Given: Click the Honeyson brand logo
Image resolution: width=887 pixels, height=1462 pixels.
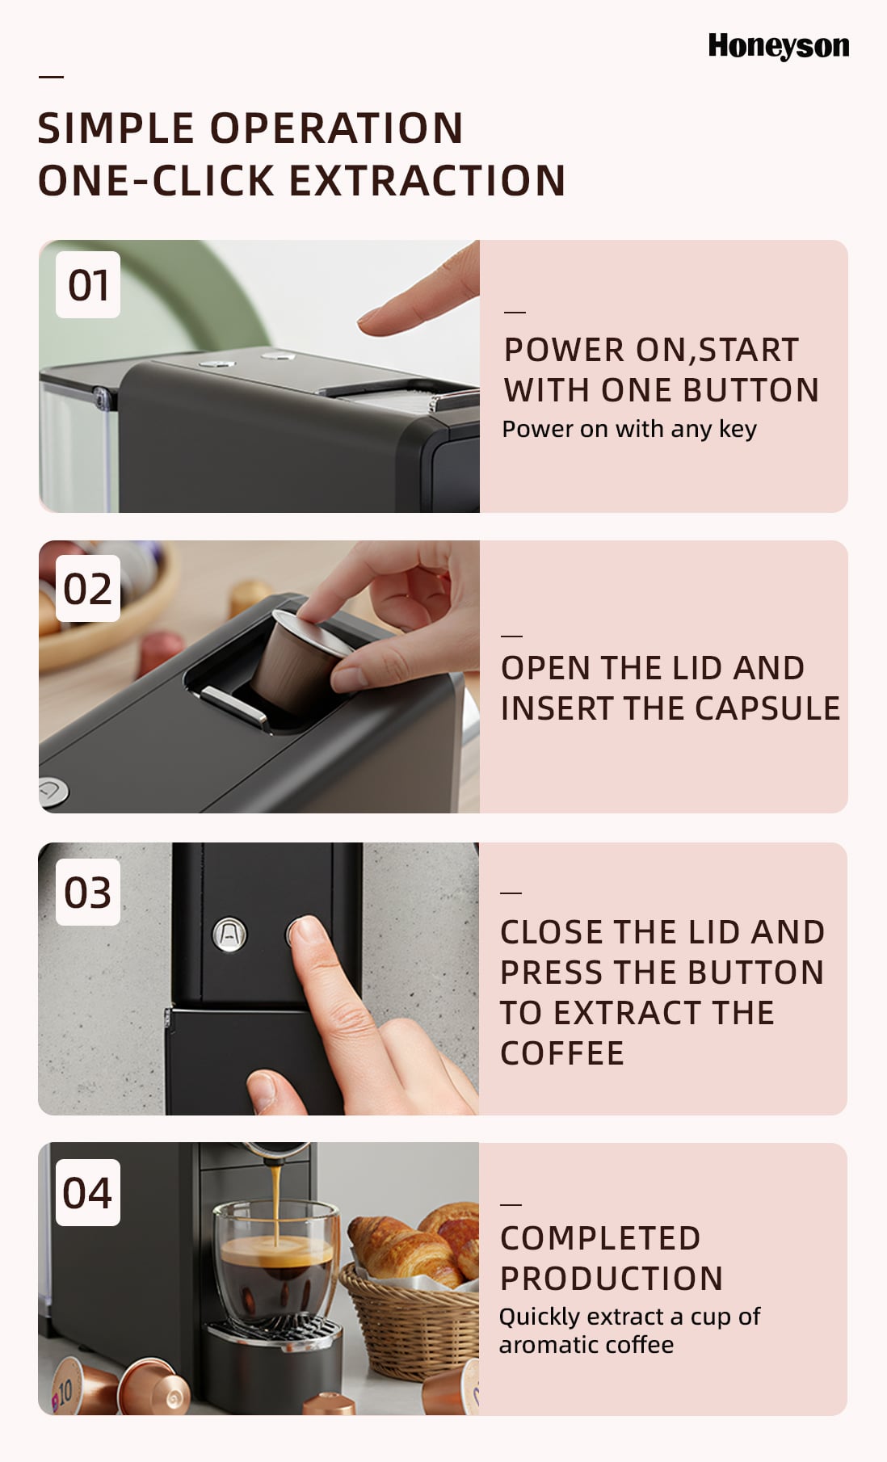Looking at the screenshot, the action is point(779,46).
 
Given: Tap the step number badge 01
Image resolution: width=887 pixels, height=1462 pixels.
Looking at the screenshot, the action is point(88,284).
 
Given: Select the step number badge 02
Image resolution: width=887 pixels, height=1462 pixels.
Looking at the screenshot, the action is point(88,588).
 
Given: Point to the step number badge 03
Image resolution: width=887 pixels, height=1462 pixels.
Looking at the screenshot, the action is point(88,892).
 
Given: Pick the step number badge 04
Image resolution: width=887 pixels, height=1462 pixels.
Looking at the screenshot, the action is point(88,1192).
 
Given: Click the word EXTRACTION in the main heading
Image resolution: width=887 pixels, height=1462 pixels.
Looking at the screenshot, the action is point(427,180).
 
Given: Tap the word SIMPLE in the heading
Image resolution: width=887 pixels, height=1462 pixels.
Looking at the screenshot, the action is point(116,128).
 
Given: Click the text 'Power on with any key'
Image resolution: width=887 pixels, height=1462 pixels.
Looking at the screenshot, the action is point(629,429).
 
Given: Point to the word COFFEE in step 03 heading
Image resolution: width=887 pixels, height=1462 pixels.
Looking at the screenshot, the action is point(562,1053).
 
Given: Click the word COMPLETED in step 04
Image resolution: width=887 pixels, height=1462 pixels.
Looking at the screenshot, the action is point(600,1237).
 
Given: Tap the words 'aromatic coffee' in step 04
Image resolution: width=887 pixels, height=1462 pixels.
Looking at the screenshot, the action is point(586,1345).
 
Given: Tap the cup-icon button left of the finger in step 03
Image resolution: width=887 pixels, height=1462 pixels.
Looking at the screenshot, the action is point(229,935).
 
